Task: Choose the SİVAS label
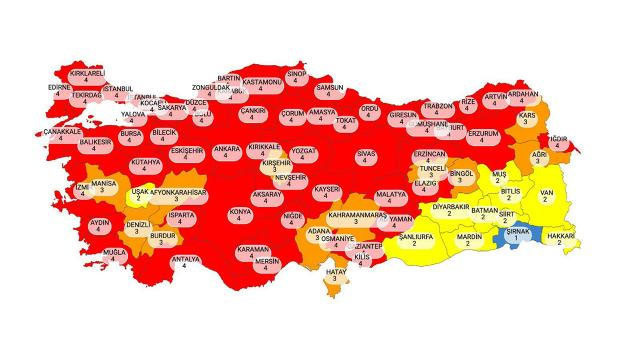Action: coord(365,158)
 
